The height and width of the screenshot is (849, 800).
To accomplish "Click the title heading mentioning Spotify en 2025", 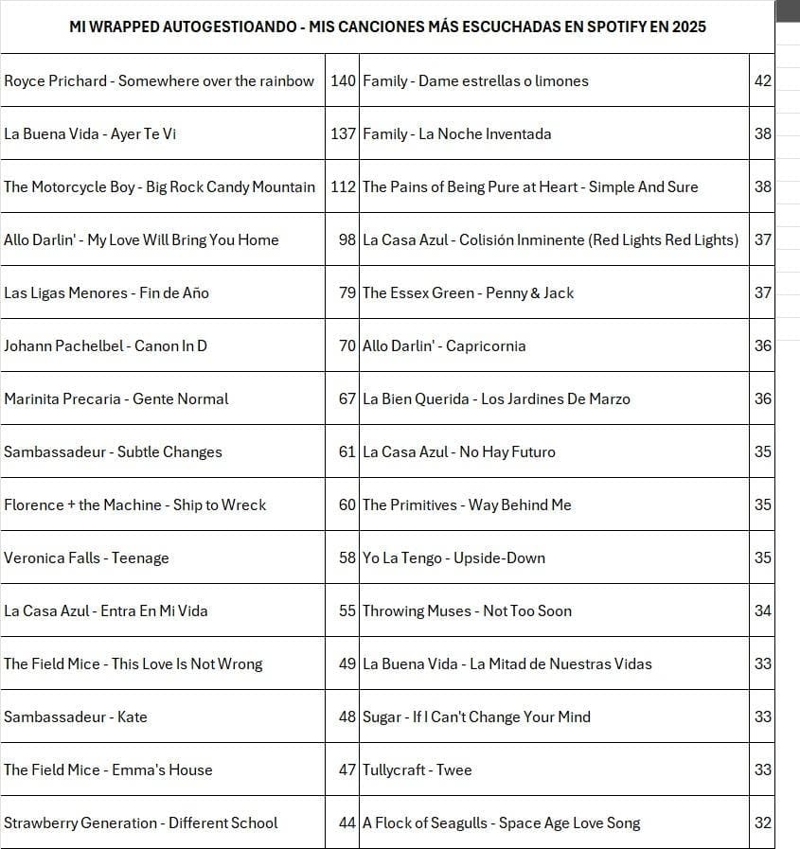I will pyautogui.click(x=387, y=27).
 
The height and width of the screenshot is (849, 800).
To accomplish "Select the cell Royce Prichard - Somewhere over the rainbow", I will pyautogui.click(x=159, y=81).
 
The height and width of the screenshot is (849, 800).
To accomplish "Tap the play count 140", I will pyautogui.click(x=343, y=81).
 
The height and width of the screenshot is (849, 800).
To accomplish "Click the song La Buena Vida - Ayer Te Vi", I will pyautogui.click(x=90, y=134).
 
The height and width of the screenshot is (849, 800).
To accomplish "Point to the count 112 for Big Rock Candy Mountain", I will pyautogui.click(x=343, y=187).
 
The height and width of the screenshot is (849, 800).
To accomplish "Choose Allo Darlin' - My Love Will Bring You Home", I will pyautogui.click(x=141, y=240).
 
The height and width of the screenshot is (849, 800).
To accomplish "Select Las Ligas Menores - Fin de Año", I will pyautogui.click(x=106, y=293).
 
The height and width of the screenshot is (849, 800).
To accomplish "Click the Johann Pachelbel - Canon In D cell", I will pyautogui.click(x=105, y=346).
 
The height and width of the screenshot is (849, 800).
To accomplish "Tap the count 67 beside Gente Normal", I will pyautogui.click(x=347, y=399).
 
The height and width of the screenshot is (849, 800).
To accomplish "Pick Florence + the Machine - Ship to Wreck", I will pyautogui.click(x=135, y=505).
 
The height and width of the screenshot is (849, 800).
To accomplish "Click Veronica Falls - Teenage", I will pyautogui.click(x=86, y=558).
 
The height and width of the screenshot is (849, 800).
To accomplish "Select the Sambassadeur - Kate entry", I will pyautogui.click(x=76, y=717).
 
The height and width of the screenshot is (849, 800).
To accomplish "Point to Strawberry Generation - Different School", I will pyautogui.click(x=141, y=823).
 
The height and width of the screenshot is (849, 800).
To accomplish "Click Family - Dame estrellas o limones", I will pyautogui.click(x=475, y=81).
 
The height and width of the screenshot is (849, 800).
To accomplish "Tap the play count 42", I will pyautogui.click(x=763, y=81).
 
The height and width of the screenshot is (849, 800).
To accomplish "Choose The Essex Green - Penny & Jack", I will pyautogui.click(x=469, y=293).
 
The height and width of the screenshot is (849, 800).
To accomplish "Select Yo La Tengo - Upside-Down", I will pyautogui.click(x=454, y=558).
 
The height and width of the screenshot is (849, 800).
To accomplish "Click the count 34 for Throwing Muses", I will pyautogui.click(x=763, y=611).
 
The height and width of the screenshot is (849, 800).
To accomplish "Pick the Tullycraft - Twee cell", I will pyautogui.click(x=418, y=770).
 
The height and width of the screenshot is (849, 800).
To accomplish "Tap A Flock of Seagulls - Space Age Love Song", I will pyautogui.click(x=502, y=823).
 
